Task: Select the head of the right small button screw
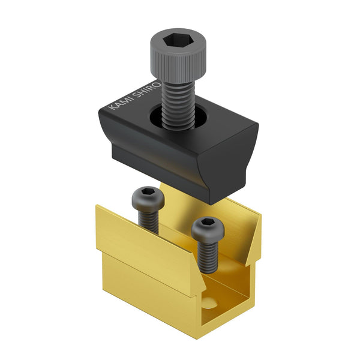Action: [x=208, y=229]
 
